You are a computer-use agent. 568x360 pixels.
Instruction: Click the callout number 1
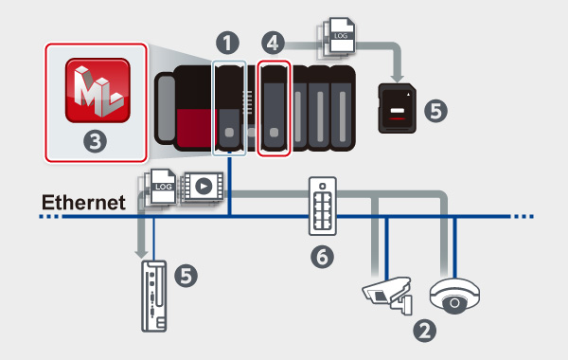tap(227, 43)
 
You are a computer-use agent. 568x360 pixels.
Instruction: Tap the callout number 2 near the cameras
tap(424, 331)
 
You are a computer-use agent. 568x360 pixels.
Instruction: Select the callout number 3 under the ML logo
tap(96, 141)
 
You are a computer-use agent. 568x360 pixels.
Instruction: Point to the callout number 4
tap(273, 43)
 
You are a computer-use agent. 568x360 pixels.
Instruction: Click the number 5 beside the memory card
tap(435, 111)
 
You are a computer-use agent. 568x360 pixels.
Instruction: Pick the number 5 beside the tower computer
tap(186, 276)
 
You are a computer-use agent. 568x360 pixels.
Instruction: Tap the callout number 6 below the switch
tap(322, 257)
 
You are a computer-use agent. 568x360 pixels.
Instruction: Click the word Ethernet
tap(83, 203)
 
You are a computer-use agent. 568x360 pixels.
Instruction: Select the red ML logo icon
tap(98, 90)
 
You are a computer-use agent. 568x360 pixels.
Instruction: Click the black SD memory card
tap(397, 108)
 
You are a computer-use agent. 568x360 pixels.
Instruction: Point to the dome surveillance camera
tap(454, 296)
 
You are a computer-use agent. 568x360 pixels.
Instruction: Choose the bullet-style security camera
tap(388, 294)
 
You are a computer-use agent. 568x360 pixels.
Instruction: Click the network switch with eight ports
tap(323, 206)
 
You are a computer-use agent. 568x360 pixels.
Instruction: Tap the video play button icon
tap(204, 187)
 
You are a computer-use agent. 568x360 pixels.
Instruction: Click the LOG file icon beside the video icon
tap(161, 188)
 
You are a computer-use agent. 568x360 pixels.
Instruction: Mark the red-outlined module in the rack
tap(274, 108)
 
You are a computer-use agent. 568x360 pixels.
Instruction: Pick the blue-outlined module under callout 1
tap(229, 108)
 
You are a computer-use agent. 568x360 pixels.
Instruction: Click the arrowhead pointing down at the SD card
tap(398, 79)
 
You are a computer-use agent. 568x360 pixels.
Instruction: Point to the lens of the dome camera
tap(454, 302)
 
